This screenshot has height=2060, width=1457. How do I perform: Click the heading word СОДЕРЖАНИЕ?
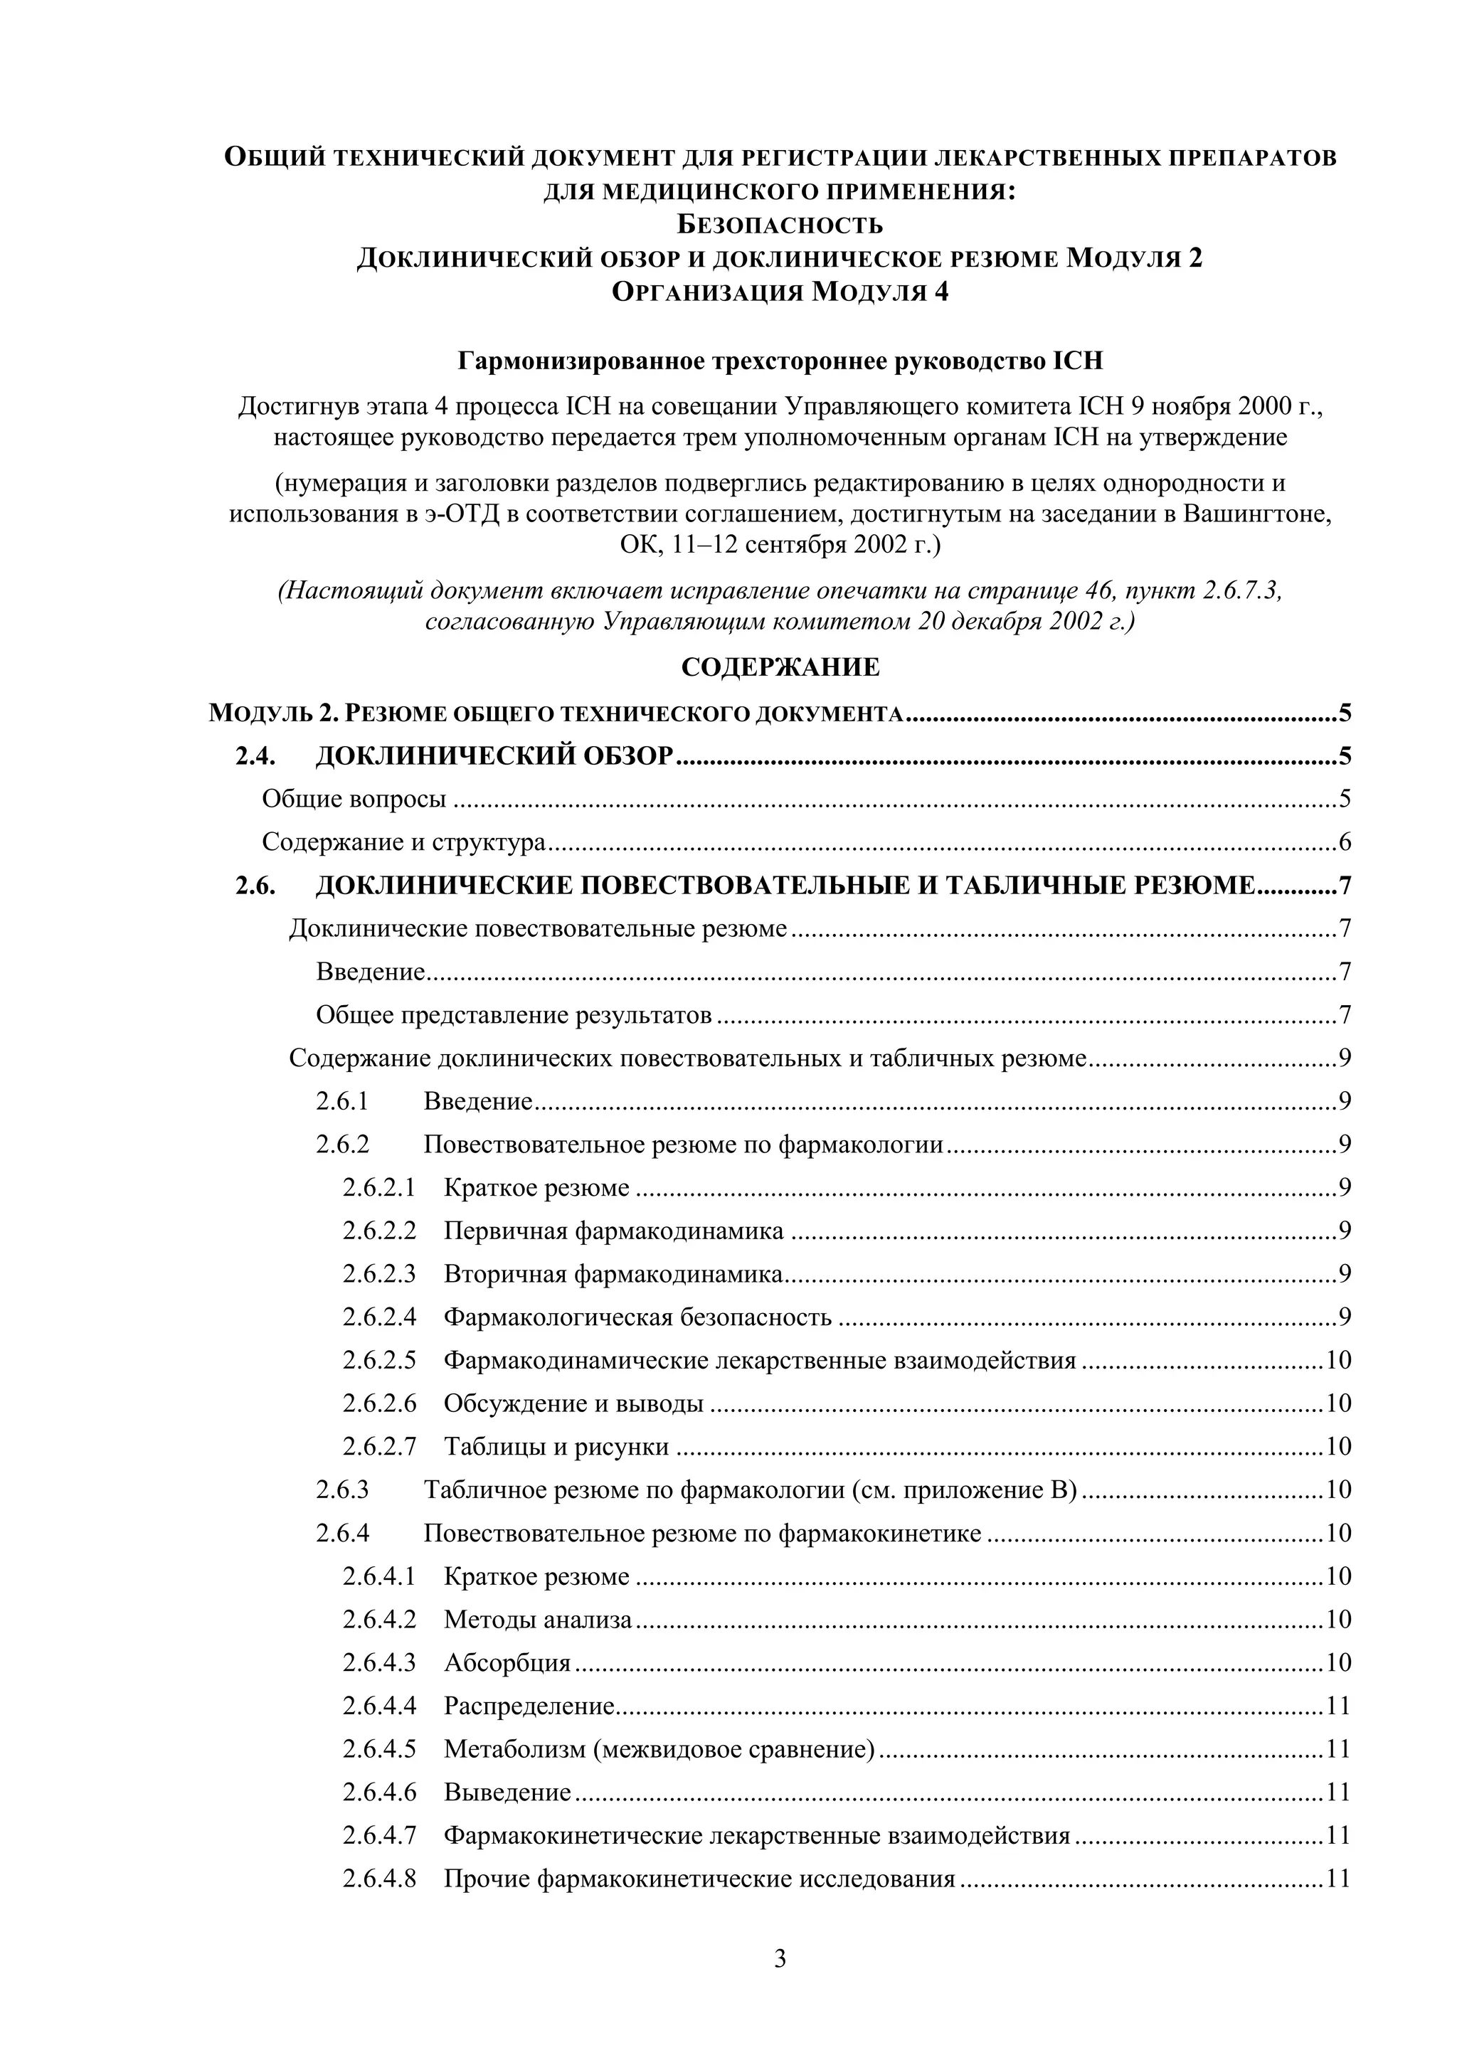780,667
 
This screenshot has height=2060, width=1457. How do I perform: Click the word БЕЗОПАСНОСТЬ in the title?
780,224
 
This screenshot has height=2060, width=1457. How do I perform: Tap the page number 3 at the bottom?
780,1958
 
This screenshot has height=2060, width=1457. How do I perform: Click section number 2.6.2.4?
378,1317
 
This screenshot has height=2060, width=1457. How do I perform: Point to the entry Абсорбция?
507,1662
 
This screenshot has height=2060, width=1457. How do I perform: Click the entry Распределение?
529,1706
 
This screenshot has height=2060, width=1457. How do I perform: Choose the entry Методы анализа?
537,1620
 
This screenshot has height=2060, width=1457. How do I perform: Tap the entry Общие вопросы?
354,799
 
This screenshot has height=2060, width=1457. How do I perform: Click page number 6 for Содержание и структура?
1344,842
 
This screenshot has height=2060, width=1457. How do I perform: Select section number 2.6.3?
341,1490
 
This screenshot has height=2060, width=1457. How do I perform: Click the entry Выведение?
507,1792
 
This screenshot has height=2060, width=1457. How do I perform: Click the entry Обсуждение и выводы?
573,1403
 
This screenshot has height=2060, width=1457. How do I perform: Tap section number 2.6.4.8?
378,1879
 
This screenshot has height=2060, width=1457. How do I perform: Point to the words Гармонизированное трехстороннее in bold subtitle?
672,361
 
